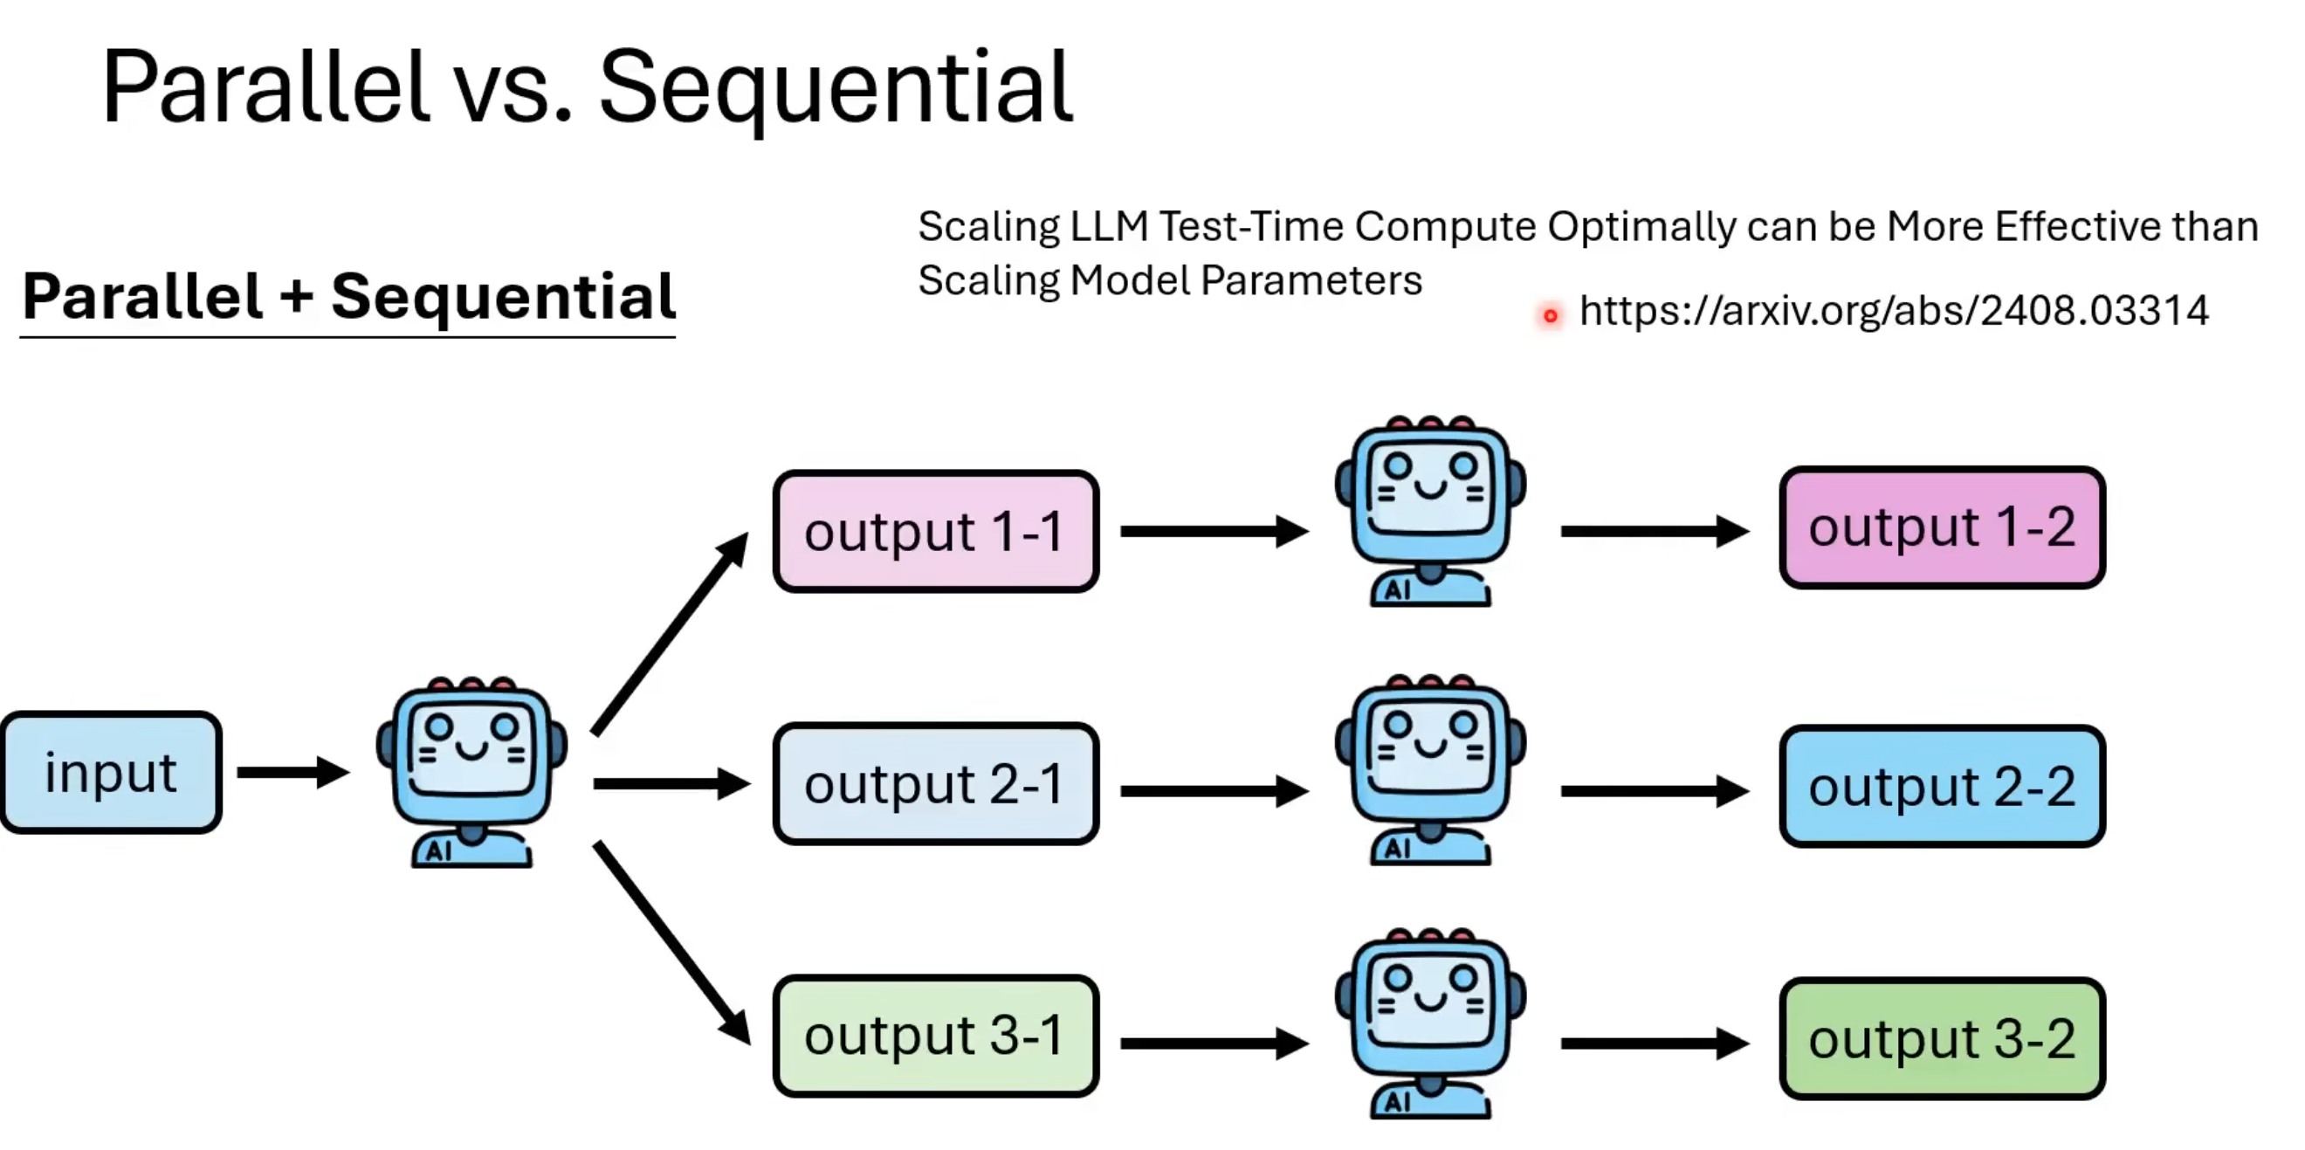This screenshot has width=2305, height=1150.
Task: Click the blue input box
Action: [111, 772]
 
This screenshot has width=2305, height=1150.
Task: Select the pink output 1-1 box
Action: [936, 532]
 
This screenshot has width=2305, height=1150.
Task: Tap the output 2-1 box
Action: [936, 784]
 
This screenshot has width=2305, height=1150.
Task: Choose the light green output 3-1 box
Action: [936, 1036]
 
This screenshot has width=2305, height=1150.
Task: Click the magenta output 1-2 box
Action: [1942, 527]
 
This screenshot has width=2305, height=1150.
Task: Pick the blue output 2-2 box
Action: [1942, 787]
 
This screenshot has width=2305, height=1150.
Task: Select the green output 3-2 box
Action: [1942, 1039]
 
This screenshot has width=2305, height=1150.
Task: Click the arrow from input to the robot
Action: [292, 772]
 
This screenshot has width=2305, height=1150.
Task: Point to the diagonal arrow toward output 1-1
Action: [670, 634]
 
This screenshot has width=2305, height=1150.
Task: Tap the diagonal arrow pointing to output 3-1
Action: [671, 941]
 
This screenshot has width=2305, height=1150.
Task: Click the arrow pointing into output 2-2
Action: [1654, 791]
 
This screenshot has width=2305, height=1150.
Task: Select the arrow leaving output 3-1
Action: [1214, 1043]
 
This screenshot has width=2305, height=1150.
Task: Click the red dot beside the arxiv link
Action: [1551, 315]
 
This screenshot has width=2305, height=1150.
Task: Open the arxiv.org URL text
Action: [1894, 311]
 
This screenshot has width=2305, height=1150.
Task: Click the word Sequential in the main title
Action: [835, 88]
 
